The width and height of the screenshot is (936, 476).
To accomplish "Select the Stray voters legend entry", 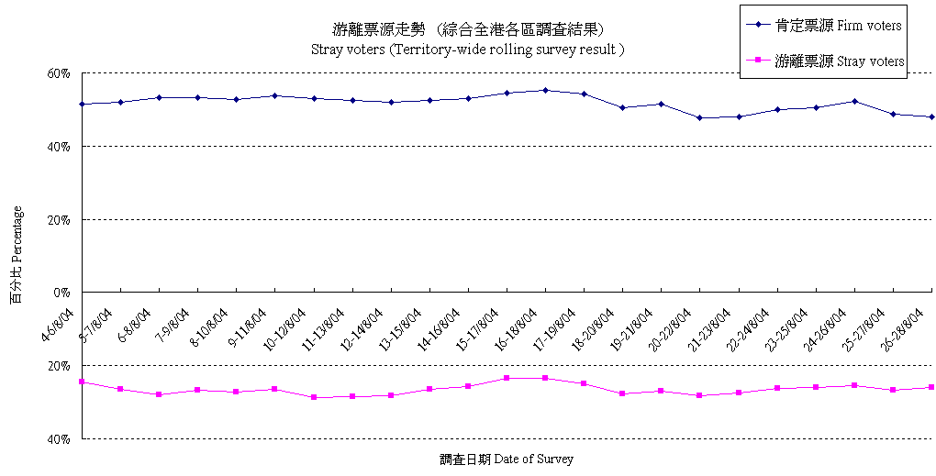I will [x=826, y=61].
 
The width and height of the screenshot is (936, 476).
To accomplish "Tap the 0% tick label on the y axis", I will [x=62, y=293].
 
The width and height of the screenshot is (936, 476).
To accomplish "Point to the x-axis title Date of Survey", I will [x=506, y=459].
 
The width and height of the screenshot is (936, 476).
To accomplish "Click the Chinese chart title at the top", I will [x=468, y=29].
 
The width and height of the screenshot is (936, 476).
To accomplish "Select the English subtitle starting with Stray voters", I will [x=468, y=49].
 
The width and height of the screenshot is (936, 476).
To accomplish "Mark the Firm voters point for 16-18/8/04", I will [x=545, y=90].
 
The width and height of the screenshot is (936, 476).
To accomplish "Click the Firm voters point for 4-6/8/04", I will [x=83, y=104].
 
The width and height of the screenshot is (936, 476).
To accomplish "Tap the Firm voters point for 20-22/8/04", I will [x=700, y=117].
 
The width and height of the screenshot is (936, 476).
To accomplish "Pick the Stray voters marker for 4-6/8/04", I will [x=83, y=382].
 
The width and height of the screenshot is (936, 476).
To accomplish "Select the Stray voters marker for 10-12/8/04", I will [x=314, y=397].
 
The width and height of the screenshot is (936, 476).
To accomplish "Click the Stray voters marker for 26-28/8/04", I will [x=931, y=387].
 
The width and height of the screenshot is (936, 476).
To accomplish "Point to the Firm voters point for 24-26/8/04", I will [x=854, y=101].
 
